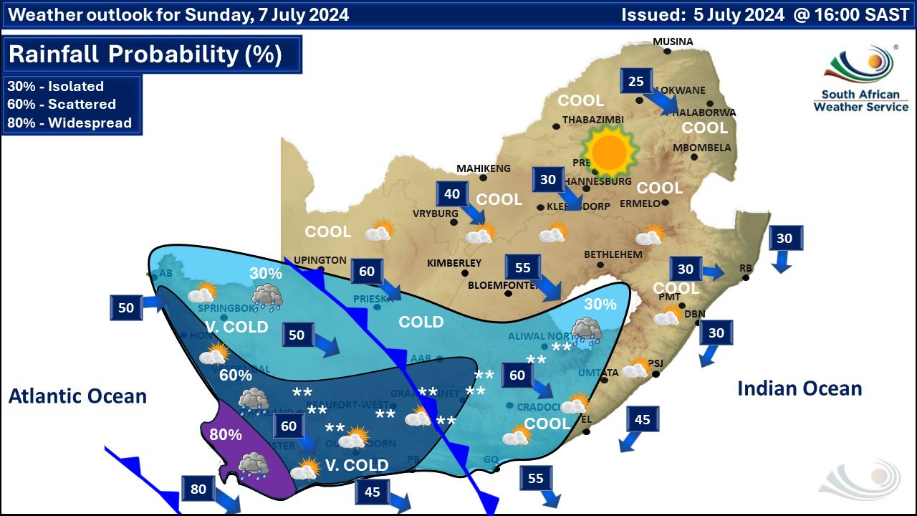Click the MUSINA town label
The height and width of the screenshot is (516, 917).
673,42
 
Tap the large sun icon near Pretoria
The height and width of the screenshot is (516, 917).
609,151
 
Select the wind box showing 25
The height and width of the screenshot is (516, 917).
636,81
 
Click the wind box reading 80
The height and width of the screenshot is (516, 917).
198,490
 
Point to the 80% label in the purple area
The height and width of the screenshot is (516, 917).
225,434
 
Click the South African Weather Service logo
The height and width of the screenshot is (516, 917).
860,79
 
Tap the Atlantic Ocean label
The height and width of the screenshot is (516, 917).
77,396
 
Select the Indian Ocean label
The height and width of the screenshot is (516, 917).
800,388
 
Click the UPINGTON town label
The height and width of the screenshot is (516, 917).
320,260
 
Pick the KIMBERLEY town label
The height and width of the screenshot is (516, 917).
454,263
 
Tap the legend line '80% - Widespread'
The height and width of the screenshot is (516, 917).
69,123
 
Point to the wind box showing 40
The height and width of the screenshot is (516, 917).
452,194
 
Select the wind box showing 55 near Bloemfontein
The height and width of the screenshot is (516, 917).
523,267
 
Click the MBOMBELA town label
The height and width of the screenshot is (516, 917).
701,148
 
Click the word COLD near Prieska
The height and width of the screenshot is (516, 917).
421,322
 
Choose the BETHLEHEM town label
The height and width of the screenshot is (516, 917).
613,254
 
